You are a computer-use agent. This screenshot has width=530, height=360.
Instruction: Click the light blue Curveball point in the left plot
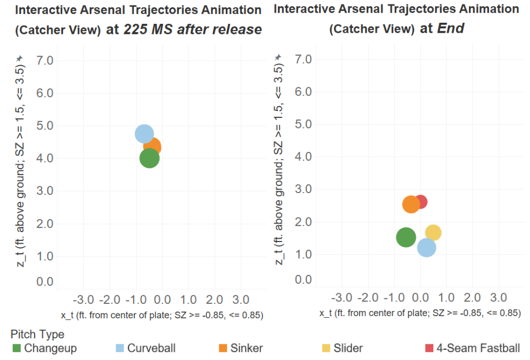pos(145,134)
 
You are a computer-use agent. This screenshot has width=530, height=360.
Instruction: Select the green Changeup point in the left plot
pos(150,158)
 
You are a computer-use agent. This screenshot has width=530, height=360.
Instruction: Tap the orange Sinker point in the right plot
pos(411,205)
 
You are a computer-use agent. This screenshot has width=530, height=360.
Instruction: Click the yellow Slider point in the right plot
pos(434,233)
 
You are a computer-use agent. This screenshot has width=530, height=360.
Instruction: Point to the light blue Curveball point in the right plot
pos(427,248)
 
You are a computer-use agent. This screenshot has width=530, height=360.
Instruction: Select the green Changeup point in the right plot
pos(405,237)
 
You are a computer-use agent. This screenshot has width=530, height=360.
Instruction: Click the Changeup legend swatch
pos(17,348)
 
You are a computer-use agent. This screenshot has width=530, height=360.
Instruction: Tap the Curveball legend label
pos(151,348)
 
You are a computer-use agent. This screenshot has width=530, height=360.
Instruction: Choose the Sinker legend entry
pos(241,348)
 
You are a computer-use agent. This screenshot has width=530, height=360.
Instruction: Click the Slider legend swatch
pos(326,348)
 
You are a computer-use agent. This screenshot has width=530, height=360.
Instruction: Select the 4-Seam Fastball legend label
pos(478,348)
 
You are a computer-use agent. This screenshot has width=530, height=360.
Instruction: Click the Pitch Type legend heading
pos(37,334)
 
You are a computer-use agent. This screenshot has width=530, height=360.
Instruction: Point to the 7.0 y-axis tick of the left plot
pos(44,61)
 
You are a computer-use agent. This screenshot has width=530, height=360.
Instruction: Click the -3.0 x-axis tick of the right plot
pos(341,298)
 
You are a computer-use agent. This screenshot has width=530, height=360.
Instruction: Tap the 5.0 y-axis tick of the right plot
pos(303,124)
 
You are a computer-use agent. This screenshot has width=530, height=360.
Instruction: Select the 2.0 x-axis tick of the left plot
pos(214,299)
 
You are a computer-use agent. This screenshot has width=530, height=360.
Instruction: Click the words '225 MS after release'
pos(192,29)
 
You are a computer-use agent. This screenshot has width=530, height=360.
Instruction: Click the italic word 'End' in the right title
pos(450,28)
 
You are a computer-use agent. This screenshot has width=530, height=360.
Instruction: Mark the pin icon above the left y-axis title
pos(19,58)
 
